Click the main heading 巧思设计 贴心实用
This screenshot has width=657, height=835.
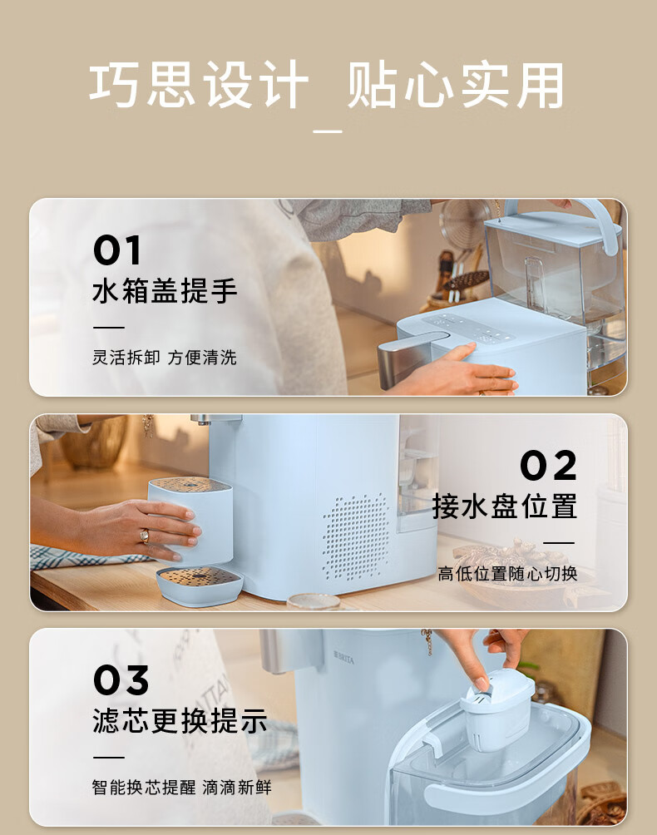click(327, 85)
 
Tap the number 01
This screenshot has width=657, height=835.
click(117, 250)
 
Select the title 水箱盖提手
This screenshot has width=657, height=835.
click(165, 291)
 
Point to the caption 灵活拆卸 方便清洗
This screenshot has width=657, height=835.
click(165, 358)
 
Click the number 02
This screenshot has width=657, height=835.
click(548, 466)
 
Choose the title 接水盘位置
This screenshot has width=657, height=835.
click(505, 506)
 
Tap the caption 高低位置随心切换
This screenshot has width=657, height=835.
click(507, 574)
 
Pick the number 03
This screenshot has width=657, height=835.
click(121, 680)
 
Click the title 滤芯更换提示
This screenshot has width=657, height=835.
click(180, 721)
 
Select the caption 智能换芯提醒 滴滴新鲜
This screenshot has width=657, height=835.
click(181, 787)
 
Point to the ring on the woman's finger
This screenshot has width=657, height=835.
click(144, 536)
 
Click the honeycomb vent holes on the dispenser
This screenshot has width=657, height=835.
click(356, 536)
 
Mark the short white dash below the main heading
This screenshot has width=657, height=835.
click(328, 131)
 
